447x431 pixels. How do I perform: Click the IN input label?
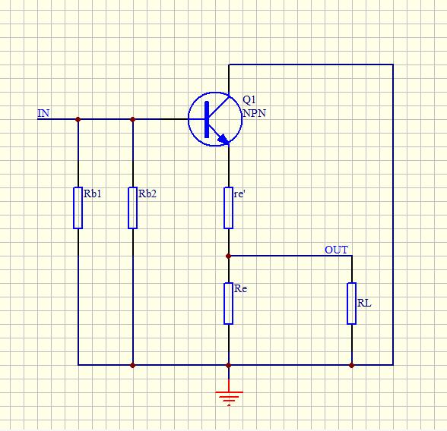point(43,113)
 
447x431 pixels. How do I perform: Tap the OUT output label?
point(336,250)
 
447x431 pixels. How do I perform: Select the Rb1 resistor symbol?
point(78,208)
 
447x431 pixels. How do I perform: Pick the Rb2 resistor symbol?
point(132,208)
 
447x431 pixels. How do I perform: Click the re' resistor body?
point(228,208)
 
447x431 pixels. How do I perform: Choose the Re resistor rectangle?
point(228,304)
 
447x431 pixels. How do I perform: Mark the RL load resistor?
point(351,304)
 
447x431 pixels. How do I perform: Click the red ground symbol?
point(229,394)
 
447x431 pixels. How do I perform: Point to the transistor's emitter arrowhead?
point(223,139)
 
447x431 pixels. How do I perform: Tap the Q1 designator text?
point(249,99)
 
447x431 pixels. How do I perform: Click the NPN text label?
point(254,113)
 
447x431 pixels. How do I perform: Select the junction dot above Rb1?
point(78,119)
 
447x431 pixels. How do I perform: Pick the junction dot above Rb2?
point(132,119)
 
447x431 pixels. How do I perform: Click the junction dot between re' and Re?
point(228,256)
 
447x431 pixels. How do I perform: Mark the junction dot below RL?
point(351,365)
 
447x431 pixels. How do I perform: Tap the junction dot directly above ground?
point(228,365)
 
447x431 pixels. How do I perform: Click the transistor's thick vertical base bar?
point(207,119)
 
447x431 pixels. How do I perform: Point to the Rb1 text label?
point(93,193)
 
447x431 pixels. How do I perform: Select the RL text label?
point(364,304)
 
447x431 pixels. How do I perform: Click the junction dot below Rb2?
point(132,365)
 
